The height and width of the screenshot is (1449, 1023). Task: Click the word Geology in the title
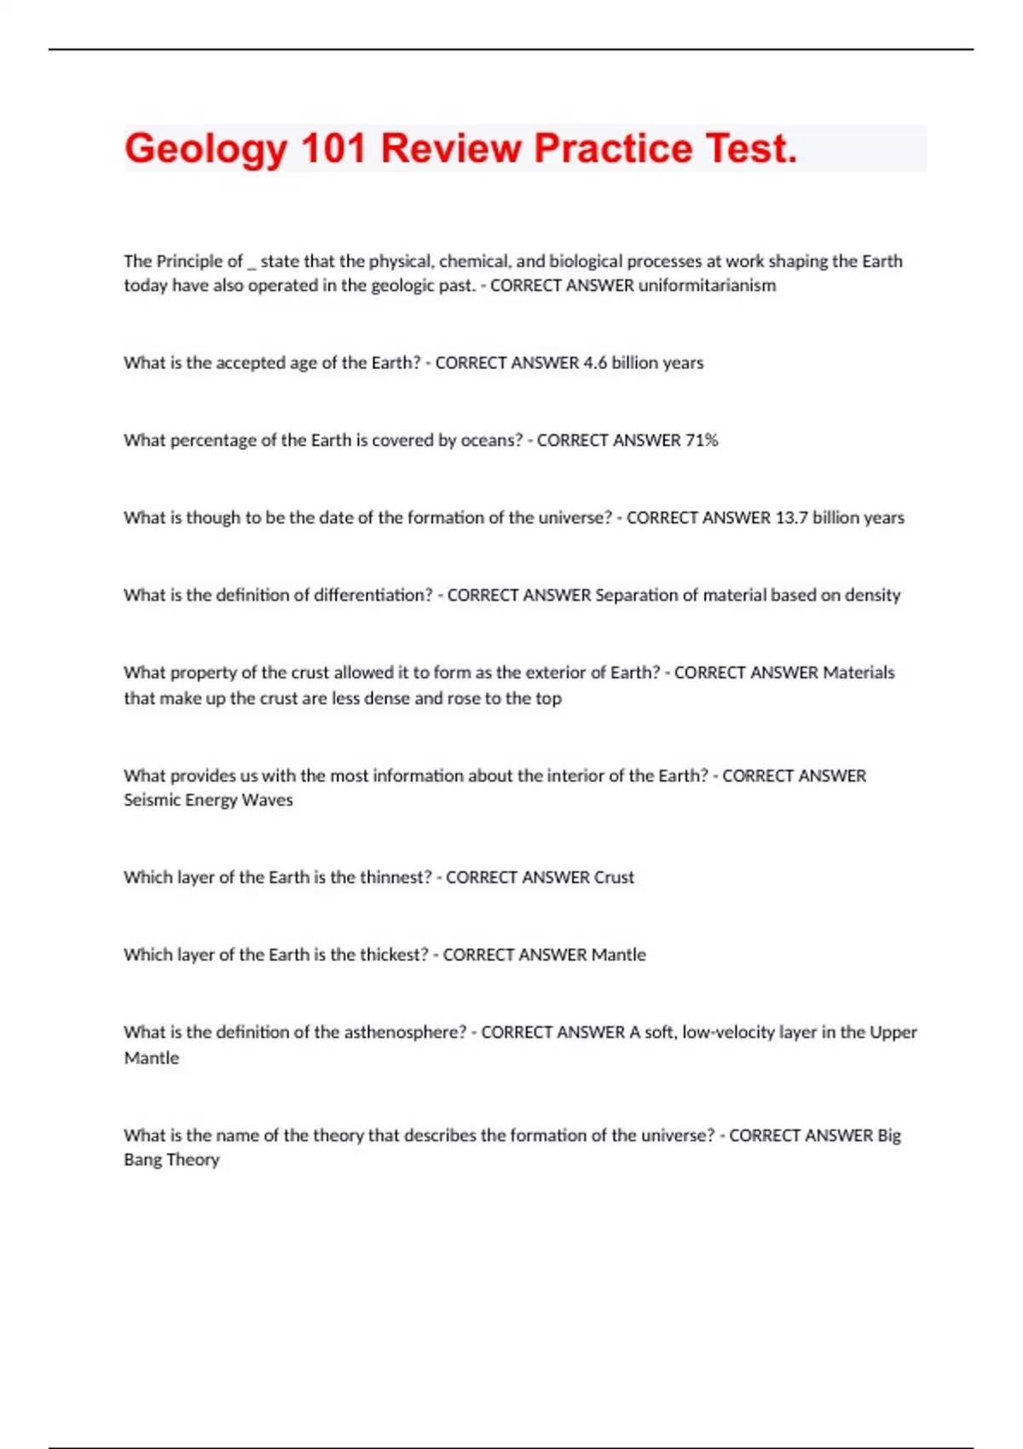205,149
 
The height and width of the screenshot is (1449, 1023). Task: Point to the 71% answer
702,441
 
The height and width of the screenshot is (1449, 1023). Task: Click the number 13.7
791,518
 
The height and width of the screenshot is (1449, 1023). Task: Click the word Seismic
150,800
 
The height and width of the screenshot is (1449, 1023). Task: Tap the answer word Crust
614,877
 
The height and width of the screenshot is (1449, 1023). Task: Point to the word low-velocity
727,1032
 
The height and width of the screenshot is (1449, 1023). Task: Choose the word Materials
858,673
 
